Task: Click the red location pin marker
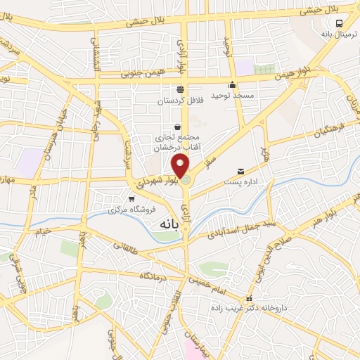click(x=181, y=167)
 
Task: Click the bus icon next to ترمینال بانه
click(x=340, y=22)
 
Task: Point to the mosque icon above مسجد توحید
click(x=233, y=85)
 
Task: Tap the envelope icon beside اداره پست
click(x=241, y=171)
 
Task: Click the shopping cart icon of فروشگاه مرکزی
click(x=131, y=199)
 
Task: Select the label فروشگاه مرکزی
click(x=127, y=210)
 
